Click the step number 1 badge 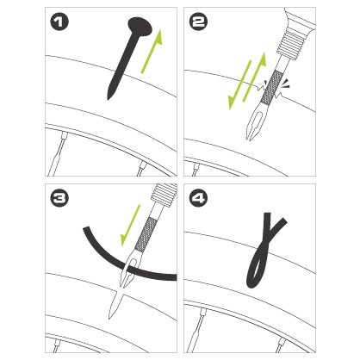[59, 22]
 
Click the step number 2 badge [199, 22]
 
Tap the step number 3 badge [59, 198]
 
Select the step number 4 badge [199, 198]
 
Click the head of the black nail [140, 27]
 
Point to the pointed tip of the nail [108, 99]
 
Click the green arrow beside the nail [152, 51]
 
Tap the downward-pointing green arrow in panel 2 [239, 85]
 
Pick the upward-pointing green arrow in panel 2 [255, 77]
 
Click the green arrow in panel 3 [131, 226]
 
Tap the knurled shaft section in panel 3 [146, 234]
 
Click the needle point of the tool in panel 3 [109, 318]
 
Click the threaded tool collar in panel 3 [164, 196]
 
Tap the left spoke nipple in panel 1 [65, 134]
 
